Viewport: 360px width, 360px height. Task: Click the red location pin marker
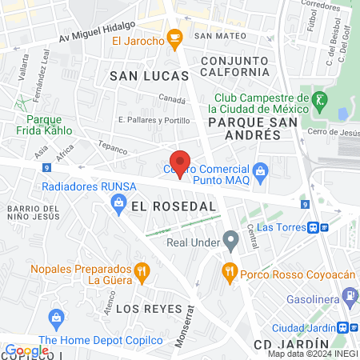pos(181,164)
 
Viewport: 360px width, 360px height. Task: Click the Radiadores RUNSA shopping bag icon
pos(118,203)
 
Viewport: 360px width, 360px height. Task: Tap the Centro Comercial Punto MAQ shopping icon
pos(260,170)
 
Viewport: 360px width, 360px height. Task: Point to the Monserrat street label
pos(190,324)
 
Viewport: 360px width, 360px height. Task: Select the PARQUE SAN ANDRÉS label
pos(244,129)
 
